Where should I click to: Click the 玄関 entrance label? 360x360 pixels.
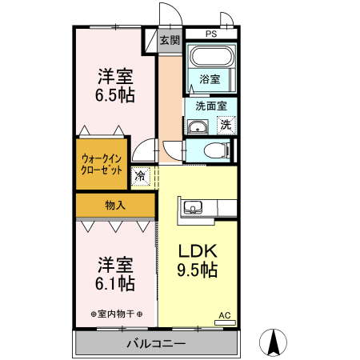(169, 40)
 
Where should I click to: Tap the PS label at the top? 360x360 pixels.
(211, 34)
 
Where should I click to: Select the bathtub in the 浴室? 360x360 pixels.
(211, 58)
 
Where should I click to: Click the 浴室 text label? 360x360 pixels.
(210, 79)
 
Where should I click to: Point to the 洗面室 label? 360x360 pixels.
(210, 105)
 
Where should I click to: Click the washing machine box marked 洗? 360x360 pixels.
(226, 124)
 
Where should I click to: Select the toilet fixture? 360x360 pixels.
(213, 150)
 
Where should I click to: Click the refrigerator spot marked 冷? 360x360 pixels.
(141, 175)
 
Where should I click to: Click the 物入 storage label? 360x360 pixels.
(115, 205)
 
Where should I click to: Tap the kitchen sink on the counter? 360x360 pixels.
(193, 208)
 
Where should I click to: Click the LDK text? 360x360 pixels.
(197, 250)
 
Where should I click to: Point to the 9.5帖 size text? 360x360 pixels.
(197, 270)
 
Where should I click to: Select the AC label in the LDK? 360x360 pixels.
(224, 315)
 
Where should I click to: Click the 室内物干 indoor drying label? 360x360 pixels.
(116, 313)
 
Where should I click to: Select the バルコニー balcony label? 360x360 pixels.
(156, 344)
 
